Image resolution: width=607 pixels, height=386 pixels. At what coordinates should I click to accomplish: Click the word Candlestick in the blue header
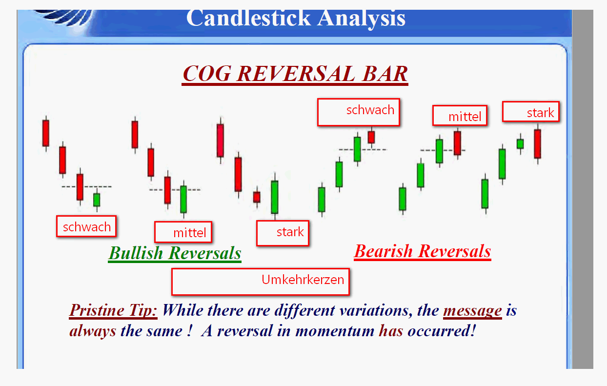point(248,19)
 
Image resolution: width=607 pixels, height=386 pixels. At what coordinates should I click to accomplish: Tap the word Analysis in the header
point(362,20)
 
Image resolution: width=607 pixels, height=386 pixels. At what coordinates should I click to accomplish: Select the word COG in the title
point(207,74)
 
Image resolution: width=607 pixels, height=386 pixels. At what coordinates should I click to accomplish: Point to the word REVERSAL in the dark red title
point(296,74)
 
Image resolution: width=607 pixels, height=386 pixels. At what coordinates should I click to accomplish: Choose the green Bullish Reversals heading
point(175,253)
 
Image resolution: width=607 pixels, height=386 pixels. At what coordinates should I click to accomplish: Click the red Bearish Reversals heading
point(423,251)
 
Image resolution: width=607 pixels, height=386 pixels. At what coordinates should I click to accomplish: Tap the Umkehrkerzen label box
point(261,282)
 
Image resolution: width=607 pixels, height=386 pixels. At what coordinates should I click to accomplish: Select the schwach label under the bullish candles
point(86,226)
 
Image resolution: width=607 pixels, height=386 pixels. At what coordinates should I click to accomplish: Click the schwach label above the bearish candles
point(359,112)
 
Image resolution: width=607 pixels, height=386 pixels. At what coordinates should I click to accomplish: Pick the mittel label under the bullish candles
point(183,232)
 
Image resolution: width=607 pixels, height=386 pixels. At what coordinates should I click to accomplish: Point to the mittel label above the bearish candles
point(460,115)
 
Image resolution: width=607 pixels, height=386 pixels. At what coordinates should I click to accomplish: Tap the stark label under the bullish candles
point(283,233)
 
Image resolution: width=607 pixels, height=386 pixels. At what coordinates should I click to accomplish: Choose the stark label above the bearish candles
point(531,111)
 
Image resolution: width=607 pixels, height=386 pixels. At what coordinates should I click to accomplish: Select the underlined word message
point(473,311)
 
